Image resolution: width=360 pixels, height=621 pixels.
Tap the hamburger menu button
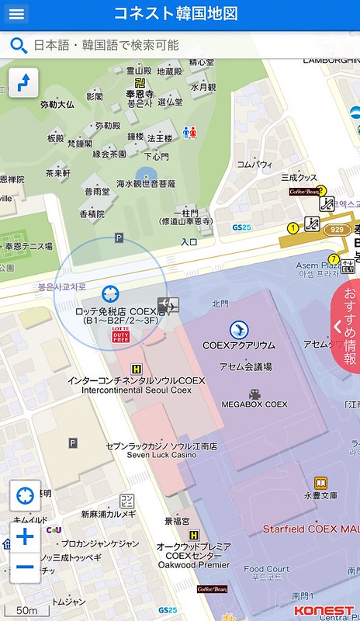(x=16, y=13)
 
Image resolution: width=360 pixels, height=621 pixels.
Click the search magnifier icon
(x=19, y=45)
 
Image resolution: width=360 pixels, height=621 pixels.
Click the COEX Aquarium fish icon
(x=239, y=329)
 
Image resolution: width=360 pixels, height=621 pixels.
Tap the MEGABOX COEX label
(x=254, y=404)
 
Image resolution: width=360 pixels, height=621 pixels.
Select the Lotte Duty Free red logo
(x=121, y=335)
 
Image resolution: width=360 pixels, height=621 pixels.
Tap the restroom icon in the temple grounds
(x=190, y=133)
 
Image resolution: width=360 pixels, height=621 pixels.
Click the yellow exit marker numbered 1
(x=292, y=227)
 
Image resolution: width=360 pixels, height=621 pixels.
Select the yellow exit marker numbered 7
(x=334, y=259)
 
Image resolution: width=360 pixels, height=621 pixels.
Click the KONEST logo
(x=324, y=610)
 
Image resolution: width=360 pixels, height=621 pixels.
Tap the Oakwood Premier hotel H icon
(x=194, y=535)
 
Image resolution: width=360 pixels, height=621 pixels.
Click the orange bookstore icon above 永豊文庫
(x=320, y=483)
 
